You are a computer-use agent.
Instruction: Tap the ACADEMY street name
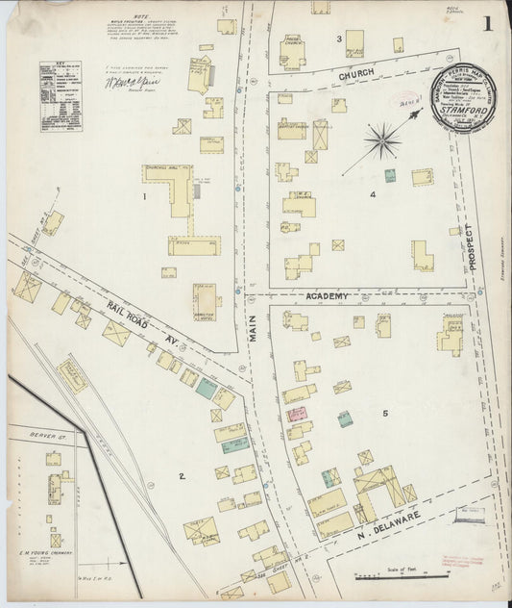327,298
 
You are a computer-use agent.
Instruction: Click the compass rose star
382,140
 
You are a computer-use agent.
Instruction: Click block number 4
371,193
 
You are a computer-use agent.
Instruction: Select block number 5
384,414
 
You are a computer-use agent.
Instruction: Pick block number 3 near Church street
339,38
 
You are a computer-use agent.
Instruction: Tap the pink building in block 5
297,415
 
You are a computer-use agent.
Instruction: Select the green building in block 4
390,176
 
